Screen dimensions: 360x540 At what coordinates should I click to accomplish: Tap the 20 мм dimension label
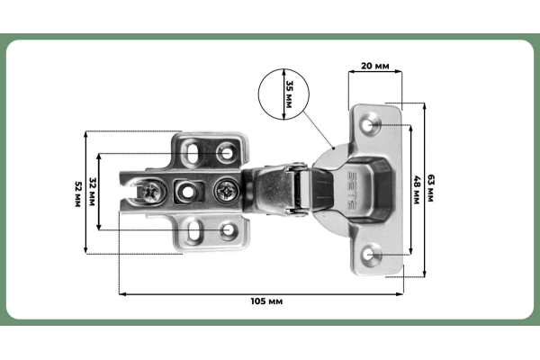pyautogui.click(x=374, y=67)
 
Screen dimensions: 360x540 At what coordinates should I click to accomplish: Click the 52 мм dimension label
pyautogui.click(x=78, y=192)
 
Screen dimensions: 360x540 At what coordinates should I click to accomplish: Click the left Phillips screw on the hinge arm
pyautogui.click(x=148, y=191)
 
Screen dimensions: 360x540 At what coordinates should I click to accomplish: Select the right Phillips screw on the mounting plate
pyautogui.click(x=226, y=191)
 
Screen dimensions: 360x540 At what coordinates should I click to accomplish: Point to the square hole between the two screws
pyautogui.click(x=188, y=191)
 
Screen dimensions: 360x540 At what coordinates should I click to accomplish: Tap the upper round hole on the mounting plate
pyautogui.click(x=226, y=153)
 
